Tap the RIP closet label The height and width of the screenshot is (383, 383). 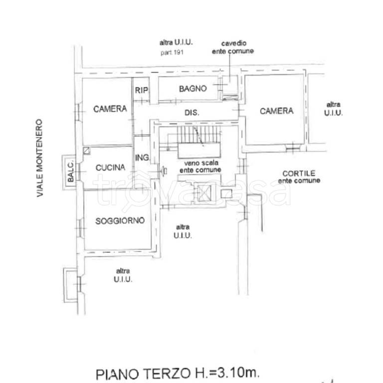140,90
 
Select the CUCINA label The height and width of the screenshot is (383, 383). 110,168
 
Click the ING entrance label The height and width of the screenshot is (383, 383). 142,158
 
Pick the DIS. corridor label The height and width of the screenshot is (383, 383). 192,113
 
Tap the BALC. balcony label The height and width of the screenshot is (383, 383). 70,173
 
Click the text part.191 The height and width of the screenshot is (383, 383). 172,52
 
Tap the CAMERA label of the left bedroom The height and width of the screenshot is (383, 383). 110,109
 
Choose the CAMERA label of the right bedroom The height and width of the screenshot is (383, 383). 276,111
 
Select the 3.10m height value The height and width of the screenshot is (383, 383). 238,372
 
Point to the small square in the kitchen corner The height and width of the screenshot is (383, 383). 86,150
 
